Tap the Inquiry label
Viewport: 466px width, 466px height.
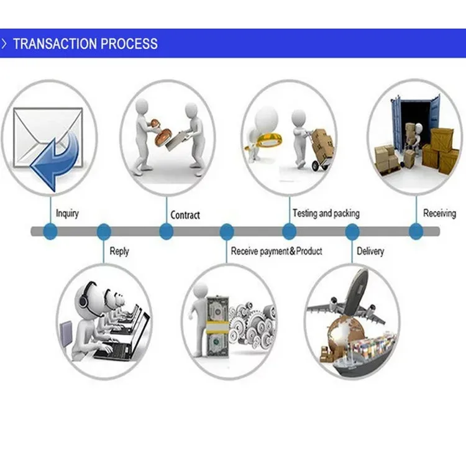67,214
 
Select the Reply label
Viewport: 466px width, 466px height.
119,252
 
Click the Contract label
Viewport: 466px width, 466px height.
185,215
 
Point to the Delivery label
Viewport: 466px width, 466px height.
370,252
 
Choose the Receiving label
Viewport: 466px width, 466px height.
439,213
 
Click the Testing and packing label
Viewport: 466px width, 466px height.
326,213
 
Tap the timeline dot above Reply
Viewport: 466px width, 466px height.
104,232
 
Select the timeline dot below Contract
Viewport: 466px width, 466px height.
166,232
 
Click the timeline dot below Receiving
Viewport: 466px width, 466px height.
416,232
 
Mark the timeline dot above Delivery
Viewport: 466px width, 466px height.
352,232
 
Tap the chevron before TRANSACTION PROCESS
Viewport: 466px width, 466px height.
5,44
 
